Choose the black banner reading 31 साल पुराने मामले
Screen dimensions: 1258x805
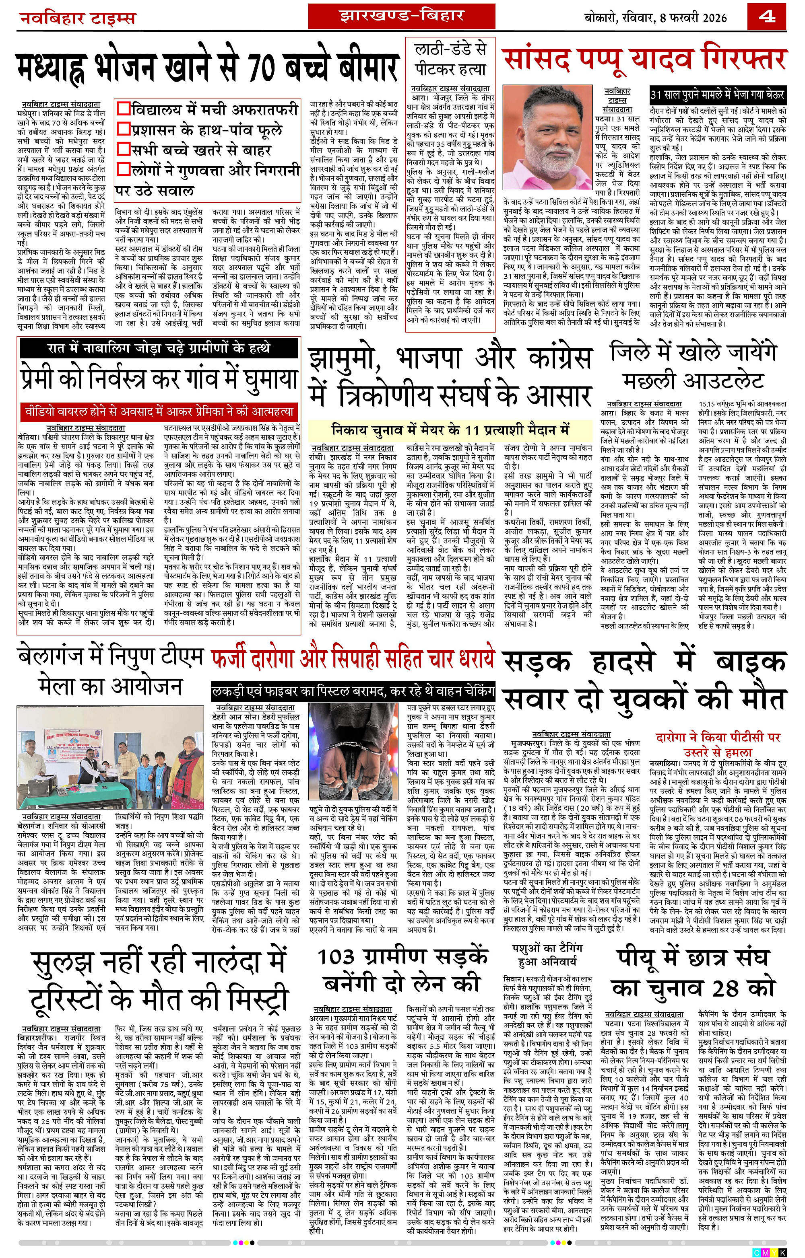point(717,95)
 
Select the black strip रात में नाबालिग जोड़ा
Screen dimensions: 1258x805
point(159,348)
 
